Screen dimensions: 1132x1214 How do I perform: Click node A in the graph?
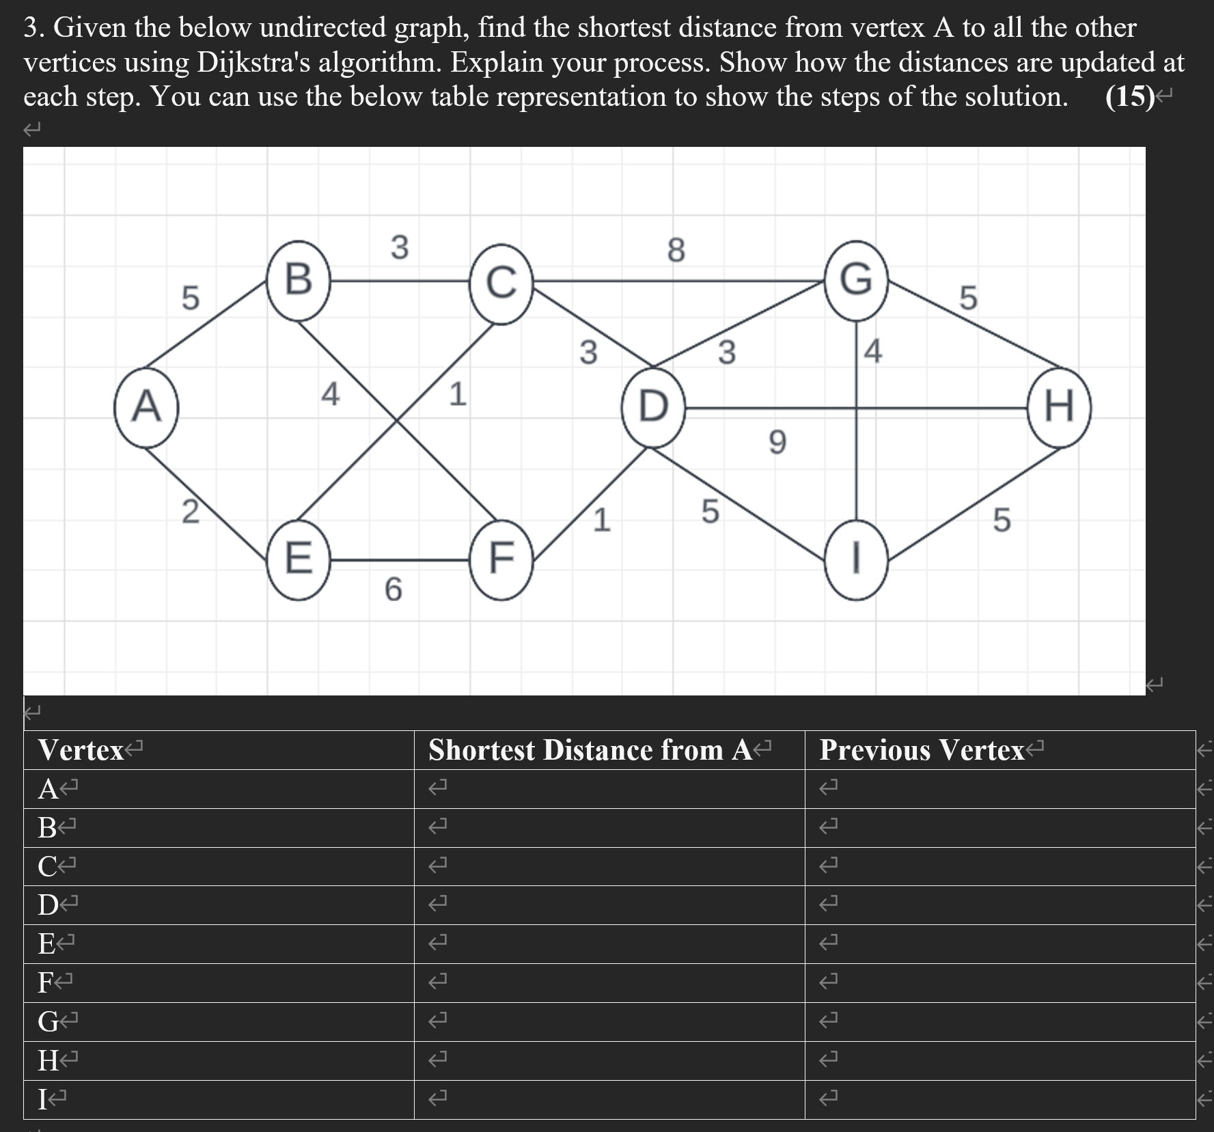146,408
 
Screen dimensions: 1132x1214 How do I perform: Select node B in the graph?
299,280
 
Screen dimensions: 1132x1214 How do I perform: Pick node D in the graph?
653,408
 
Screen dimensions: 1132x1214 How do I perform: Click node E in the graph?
298,560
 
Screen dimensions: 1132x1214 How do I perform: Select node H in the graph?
1059,408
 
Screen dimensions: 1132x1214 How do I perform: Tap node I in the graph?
856,560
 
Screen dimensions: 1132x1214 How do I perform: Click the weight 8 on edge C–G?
675,250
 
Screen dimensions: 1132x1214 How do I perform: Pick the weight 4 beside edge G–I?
873,351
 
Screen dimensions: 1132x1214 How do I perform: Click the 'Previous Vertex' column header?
922,750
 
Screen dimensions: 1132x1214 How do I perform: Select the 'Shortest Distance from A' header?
591,750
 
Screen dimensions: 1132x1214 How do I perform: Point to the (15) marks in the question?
1129,97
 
